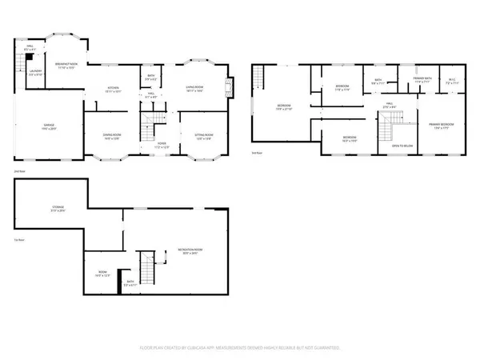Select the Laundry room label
coord(35,73)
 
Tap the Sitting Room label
coord(204,137)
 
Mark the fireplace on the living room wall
coord(231,86)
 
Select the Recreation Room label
coord(190,250)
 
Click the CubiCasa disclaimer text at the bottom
coord(240,348)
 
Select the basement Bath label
coord(130,283)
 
